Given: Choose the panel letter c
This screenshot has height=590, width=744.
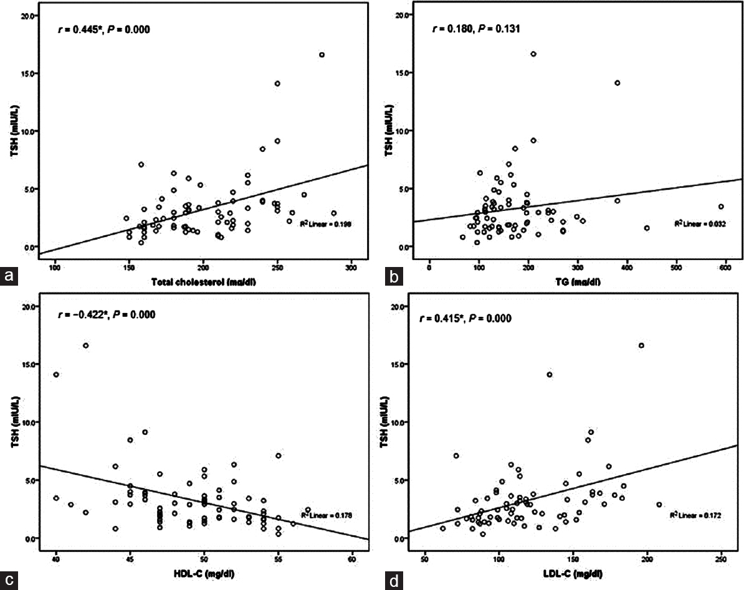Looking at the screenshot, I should click(9, 581).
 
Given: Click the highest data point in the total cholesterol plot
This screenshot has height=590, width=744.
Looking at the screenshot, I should click(322, 55).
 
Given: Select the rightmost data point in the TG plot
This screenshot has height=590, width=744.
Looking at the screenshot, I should click(721, 207).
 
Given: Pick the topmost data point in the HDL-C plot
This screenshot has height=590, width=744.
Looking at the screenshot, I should click(86, 345).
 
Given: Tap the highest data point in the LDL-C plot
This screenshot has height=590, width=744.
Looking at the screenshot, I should click(641, 345).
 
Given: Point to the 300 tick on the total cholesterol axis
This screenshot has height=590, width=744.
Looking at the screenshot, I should click(351, 268).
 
